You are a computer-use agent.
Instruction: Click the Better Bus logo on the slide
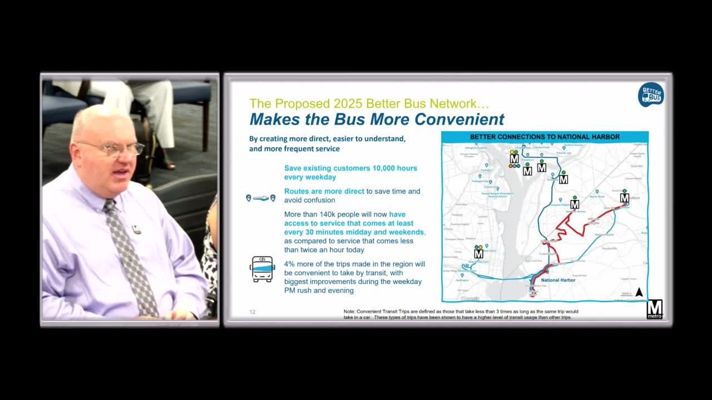[x=650, y=94]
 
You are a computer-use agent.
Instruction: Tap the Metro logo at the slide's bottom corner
[x=654, y=309]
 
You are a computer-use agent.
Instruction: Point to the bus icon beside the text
[x=262, y=269]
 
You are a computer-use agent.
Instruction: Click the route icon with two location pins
[x=260, y=198]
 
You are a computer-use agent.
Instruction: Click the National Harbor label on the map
[x=558, y=280]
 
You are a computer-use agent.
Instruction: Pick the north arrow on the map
[x=639, y=292]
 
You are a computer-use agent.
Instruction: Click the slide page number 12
[x=252, y=312]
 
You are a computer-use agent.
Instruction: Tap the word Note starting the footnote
[x=349, y=312]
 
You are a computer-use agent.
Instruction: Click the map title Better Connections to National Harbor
[x=545, y=137]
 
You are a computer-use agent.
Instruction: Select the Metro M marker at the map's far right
[x=624, y=198]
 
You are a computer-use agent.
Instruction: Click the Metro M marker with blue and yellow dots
[x=478, y=253]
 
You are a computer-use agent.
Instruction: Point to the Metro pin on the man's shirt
[x=136, y=229]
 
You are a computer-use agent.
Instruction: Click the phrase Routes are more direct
[x=324, y=191]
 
